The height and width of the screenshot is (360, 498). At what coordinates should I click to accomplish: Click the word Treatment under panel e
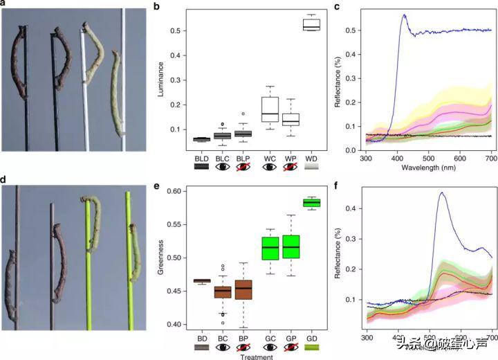256,357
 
